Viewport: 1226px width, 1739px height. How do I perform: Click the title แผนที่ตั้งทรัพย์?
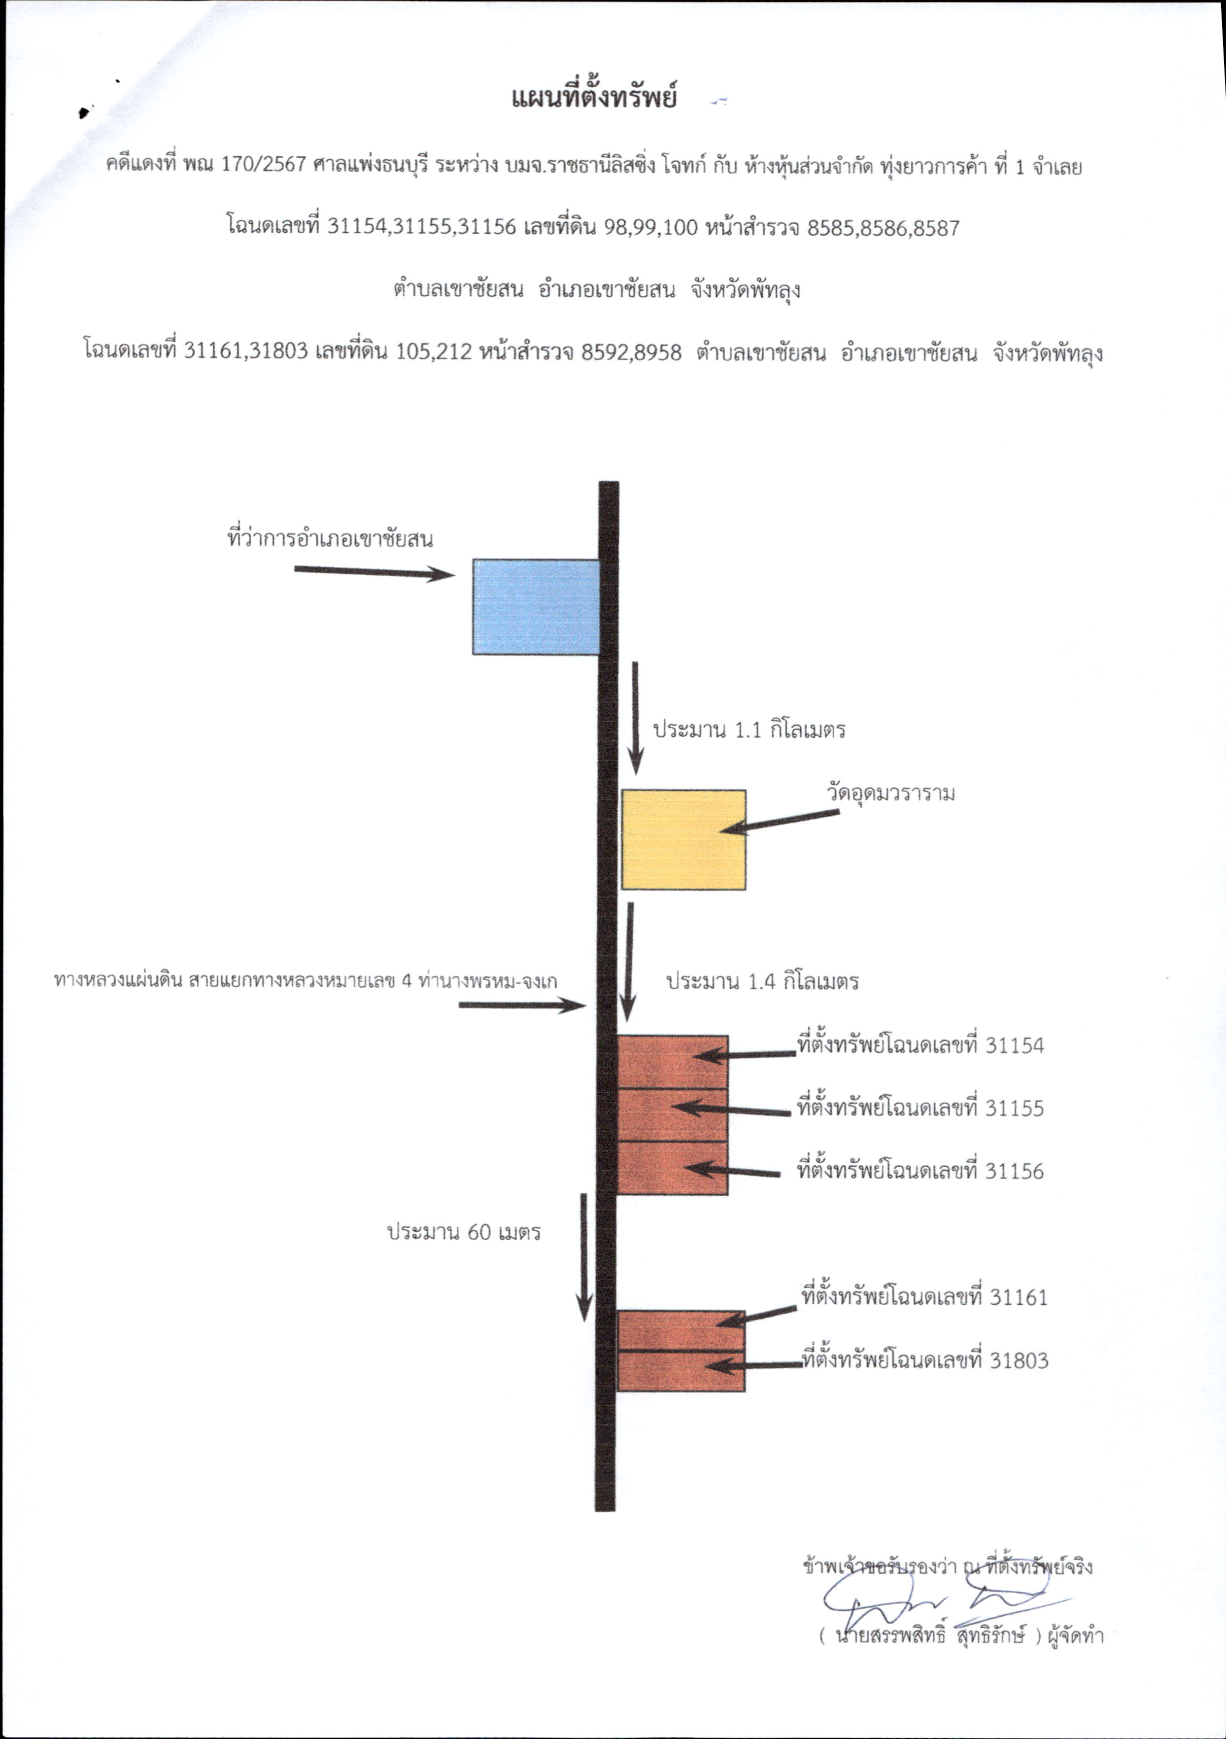point(594,99)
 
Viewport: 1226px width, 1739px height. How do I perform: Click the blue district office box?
point(536,607)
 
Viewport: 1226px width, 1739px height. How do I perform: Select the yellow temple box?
point(683,839)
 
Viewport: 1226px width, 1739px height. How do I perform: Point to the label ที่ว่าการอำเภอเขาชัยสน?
point(330,539)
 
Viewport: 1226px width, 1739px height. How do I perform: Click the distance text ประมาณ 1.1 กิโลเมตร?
point(749,730)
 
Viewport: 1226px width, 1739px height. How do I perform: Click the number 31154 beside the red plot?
point(1014,1046)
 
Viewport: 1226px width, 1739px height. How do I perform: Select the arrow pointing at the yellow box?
point(779,822)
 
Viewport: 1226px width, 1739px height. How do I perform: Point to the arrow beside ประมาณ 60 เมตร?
point(584,1257)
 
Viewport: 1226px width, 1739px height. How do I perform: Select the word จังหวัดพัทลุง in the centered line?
point(745,290)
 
